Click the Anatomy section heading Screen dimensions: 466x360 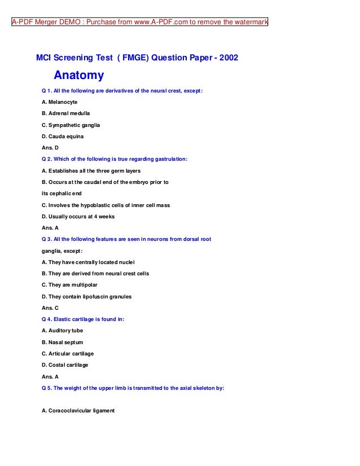pyautogui.click(x=78, y=76)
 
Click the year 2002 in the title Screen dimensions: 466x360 pyautogui.click(x=228, y=58)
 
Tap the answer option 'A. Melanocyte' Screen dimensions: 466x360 pyautogui.click(x=60, y=102)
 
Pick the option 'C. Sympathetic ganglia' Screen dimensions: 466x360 pyautogui.click(x=71, y=125)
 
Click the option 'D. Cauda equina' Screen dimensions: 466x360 pyautogui.click(x=63, y=137)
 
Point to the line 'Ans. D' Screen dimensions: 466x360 pyautogui.click(x=50, y=148)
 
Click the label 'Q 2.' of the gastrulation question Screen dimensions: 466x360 pyautogui.click(x=49, y=159)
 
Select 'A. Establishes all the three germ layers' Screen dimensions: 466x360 pyautogui.click(x=91, y=170)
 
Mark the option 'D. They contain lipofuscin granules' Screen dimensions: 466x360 pyautogui.click(x=86, y=296)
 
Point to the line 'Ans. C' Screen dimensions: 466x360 pyautogui.click(x=50, y=308)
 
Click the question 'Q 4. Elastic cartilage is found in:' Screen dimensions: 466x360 pyautogui.click(x=83, y=319)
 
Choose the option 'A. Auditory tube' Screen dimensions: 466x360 pyautogui.click(x=62, y=331)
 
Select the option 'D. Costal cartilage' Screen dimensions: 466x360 pyautogui.click(x=65, y=365)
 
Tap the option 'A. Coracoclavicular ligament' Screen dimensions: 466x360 pyautogui.click(x=78, y=411)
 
